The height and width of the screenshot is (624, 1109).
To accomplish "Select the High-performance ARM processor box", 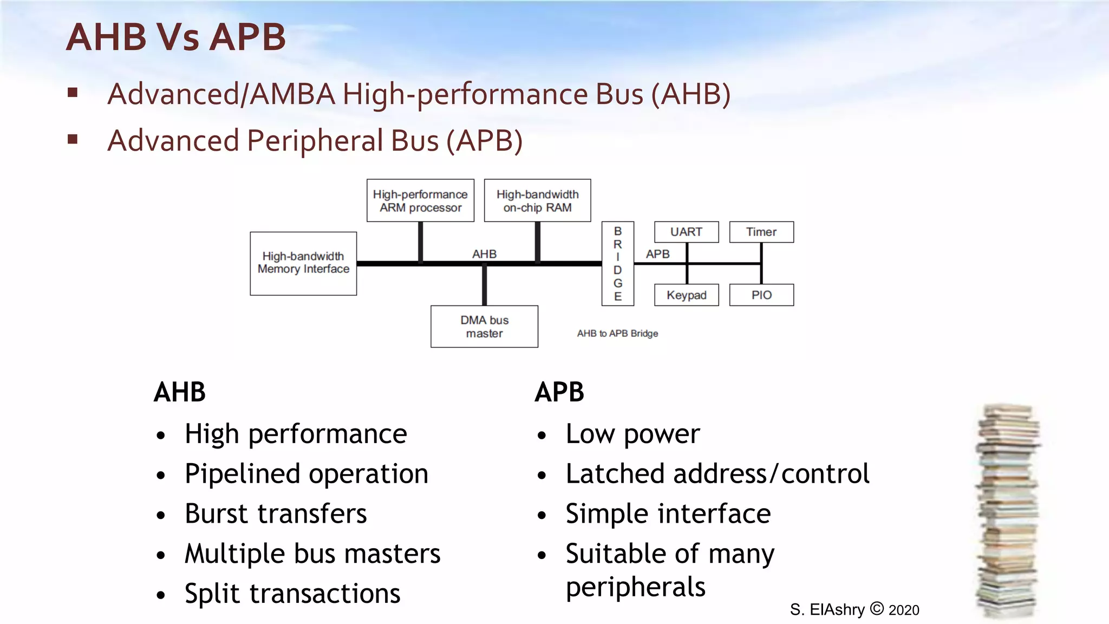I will click(420, 200).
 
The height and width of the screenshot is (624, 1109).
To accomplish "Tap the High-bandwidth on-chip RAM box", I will click(537, 200).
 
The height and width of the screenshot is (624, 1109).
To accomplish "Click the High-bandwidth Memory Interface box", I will click(303, 263).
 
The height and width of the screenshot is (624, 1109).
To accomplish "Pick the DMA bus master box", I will click(484, 327).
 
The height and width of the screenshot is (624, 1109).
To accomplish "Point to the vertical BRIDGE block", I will click(617, 263).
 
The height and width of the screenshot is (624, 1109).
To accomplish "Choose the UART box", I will click(686, 232).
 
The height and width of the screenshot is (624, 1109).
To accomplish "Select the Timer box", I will click(761, 232).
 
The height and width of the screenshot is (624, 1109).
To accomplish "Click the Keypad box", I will click(686, 295).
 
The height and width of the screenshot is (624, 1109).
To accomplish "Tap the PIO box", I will click(761, 295).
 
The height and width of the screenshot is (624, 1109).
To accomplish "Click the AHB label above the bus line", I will click(484, 254).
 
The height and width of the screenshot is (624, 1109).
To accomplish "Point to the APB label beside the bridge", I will click(657, 254).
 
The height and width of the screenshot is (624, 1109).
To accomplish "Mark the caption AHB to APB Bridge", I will click(617, 334).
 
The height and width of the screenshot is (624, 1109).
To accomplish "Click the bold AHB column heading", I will click(180, 392).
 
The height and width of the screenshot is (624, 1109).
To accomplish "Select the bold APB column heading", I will click(559, 392).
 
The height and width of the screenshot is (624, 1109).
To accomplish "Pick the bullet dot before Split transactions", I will click(161, 595).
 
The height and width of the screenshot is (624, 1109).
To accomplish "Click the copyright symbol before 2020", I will click(877, 609).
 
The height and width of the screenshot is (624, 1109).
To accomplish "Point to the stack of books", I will click(1008, 512).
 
